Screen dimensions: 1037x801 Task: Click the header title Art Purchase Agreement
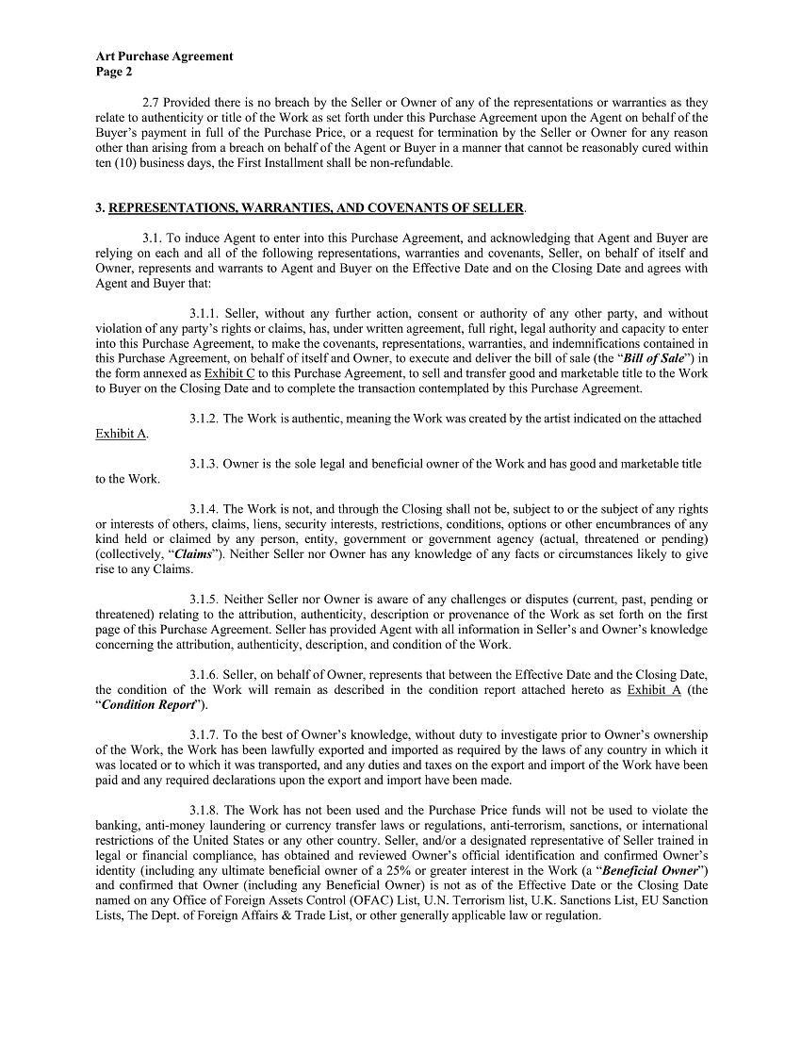tap(164, 57)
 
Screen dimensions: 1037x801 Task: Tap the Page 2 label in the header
tap(114, 72)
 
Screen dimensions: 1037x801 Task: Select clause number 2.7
tap(152, 103)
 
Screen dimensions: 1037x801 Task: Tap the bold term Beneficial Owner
tap(648, 871)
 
